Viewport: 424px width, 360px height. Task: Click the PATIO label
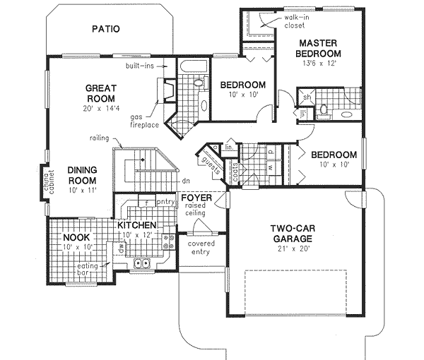[106, 29]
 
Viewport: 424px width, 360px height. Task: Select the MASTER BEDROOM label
[317, 47]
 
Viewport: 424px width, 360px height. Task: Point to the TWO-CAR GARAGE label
[292, 233]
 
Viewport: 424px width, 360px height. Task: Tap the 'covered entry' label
[201, 248]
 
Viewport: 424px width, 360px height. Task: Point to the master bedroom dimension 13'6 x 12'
[318, 64]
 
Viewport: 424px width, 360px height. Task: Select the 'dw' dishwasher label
[122, 248]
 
